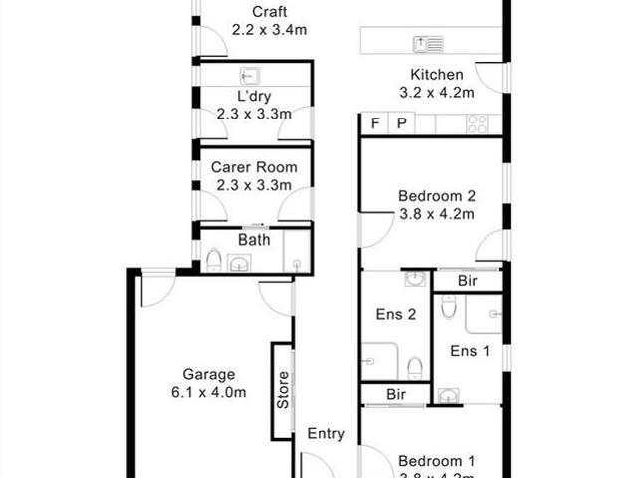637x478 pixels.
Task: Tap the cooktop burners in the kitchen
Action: [x=477, y=123]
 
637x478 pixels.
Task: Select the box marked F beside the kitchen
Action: [x=375, y=123]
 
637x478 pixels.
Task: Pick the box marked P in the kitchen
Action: [x=402, y=123]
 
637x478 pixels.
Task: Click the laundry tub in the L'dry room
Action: [x=249, y=76]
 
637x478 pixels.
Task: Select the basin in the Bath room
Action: [x=240, y=263]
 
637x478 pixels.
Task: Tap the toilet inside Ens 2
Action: [x=415, y=368]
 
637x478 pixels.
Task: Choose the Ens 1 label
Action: [x=470, y=350]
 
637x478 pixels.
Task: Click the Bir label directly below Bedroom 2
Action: [x=467, y=282]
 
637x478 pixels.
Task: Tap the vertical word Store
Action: [x=282, y=389]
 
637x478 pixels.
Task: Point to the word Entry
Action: [x=325, y=433]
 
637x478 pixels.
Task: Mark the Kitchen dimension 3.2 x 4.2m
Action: [x=436, y=92]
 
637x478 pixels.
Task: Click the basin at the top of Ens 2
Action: [x=415, y=279]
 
